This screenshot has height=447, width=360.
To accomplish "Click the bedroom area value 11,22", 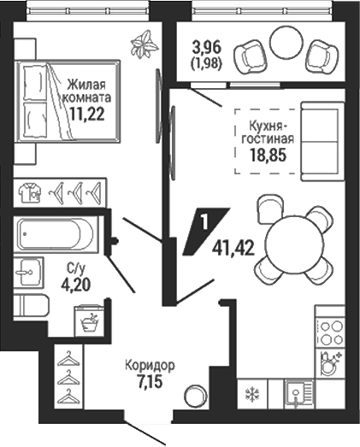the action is [x=86, y=114].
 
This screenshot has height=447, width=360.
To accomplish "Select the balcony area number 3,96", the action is [x=207, y=48].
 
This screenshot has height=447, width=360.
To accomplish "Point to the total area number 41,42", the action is [x=233, y=249].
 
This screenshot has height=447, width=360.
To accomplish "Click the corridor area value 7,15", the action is [x=150, y=381].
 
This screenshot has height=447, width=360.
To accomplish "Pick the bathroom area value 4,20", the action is [x=75, y=285].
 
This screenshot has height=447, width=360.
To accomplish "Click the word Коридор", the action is [x=150, y=366].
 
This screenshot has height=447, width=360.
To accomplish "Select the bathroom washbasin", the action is [x=28, y=273].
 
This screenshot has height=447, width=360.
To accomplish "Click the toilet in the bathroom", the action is [x=31, y=306].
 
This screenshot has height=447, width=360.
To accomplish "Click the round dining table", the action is [x=295, y=246].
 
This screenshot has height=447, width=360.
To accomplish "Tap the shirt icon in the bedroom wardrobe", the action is [x=30, y=192].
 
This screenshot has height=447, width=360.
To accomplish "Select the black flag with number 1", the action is [x=205, y=231].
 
